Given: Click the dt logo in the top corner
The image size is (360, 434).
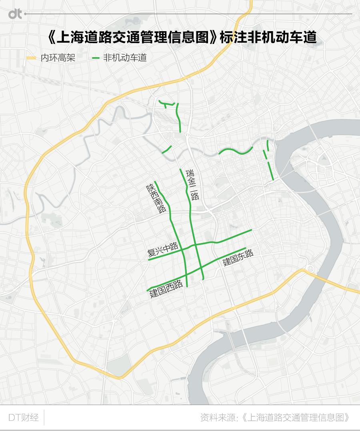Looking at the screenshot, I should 15,14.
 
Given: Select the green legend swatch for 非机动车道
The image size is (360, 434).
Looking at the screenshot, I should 96,58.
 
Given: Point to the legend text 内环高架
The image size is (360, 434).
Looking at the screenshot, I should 58,58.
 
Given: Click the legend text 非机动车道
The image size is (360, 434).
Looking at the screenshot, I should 125,58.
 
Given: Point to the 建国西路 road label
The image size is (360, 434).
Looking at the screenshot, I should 166,289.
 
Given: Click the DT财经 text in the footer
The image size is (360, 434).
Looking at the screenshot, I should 24,418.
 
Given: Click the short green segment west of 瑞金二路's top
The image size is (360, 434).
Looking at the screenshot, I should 167,149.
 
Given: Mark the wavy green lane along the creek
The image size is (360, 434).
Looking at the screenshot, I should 236,151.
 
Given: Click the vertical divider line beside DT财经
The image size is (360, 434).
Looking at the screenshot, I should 44,418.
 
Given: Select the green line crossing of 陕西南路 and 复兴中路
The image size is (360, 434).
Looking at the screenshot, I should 182,249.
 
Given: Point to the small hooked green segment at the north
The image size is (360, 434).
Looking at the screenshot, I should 166,104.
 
